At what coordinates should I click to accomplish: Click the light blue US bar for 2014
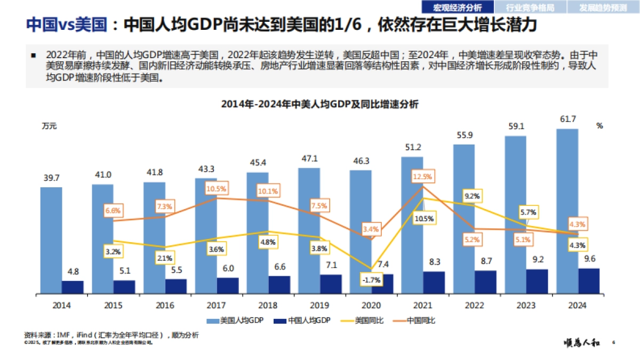[51, 240]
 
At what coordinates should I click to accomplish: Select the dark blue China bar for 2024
[589, 281]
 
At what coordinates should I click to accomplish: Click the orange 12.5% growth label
[423, 177]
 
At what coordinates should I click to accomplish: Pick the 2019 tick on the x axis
[320, 306]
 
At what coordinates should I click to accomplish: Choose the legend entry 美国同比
[363, 321]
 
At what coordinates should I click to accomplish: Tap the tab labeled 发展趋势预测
[603, 7]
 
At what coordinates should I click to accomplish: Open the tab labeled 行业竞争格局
[530, 7]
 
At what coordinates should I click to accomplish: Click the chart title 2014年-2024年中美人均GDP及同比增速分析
[319, 105]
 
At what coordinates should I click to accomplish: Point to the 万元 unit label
[49, 126]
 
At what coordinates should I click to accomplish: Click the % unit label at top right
[599, 126]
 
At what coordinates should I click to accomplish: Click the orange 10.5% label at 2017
[217, 188]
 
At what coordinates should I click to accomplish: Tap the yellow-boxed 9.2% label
[472, 196]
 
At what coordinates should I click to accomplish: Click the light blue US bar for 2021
[412, 225]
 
